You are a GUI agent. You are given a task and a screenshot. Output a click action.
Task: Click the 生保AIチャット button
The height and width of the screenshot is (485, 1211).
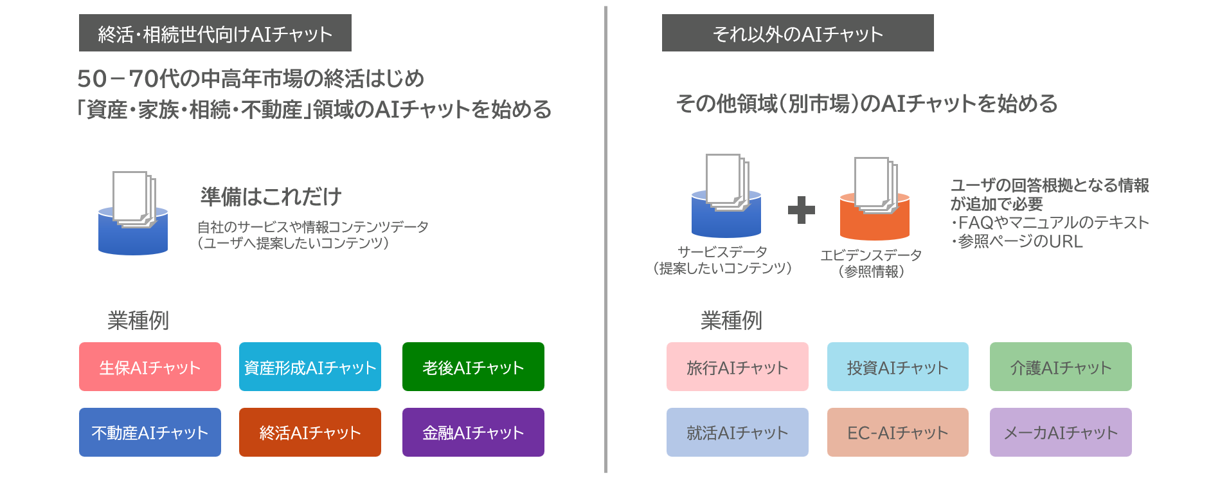150,367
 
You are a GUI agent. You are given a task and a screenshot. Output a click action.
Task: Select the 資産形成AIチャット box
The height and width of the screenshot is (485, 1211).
310,367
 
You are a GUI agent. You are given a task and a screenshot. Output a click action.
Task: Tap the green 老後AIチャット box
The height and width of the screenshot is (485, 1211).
473,367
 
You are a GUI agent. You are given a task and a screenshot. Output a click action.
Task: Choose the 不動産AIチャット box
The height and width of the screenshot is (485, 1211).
150,432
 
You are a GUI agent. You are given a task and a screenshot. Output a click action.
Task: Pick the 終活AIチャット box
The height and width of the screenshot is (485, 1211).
310,432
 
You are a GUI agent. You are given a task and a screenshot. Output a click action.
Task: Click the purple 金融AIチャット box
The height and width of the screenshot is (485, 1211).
473,432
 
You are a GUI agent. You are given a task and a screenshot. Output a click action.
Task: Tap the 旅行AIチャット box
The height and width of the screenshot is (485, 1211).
737,367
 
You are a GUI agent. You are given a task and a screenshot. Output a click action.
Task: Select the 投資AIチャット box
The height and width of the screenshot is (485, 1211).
897,367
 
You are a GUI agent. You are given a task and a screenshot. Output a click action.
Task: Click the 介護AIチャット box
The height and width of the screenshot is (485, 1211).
1061,367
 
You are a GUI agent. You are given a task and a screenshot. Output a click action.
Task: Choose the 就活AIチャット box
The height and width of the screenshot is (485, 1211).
737,432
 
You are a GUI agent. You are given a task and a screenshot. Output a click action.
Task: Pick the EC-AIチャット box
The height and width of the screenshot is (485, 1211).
897,432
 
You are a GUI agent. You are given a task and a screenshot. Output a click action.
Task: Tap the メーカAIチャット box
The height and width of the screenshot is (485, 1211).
1061,432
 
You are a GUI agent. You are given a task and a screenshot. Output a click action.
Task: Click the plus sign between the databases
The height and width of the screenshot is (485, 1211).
801,210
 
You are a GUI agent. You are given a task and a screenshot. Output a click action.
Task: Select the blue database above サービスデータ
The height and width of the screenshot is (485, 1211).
726,219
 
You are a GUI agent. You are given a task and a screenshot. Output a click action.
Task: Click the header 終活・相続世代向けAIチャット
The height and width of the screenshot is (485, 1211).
215,33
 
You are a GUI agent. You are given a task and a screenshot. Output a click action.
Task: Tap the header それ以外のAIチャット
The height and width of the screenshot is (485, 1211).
798,33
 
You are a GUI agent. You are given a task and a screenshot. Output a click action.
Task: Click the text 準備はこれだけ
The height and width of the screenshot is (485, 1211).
271,197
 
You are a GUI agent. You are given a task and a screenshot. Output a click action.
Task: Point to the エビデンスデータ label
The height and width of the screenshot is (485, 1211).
871,255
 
